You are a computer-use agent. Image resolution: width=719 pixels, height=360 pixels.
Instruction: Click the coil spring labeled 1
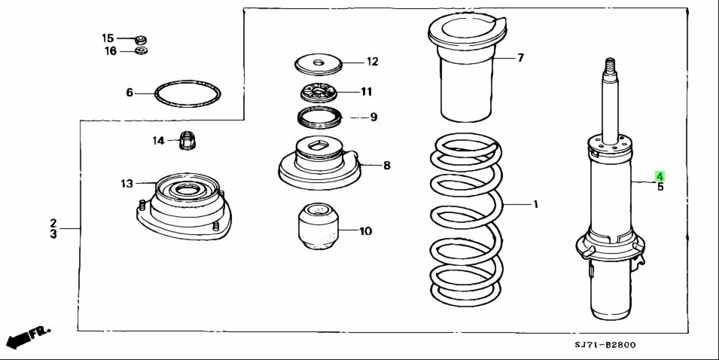(x=464, y=218)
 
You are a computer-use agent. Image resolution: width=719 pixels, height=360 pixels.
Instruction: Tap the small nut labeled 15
(x=140, y=38)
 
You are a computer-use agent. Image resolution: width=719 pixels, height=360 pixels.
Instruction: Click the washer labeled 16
(x=140, y=50)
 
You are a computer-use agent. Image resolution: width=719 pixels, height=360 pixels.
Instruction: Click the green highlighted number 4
(x=660, y=175)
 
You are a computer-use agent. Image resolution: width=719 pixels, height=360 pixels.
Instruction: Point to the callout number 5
(x=660, y=187)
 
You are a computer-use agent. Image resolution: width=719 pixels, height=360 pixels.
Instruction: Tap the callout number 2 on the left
(x=53, y=223)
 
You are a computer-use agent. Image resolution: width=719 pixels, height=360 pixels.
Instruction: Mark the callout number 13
(x=126, y=183)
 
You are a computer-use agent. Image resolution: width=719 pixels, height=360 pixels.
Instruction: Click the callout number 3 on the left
(x=53, y=234)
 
